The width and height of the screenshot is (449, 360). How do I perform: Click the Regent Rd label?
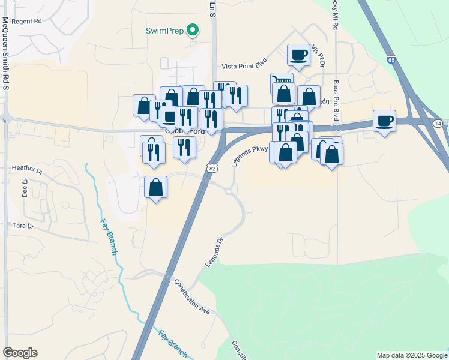coord(29,21)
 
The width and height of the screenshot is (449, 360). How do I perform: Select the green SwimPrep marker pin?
coord(193,29)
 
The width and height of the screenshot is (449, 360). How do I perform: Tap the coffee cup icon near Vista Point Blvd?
coord(298,55)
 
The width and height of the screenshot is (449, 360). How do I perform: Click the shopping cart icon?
coord(282,81)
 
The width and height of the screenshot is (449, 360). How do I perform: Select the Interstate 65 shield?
coord(391,60)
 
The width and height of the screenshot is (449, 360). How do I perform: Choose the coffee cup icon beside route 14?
coord(384,121)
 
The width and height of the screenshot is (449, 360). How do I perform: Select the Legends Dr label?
coord(214,251)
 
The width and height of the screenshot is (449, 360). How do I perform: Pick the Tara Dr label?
coord(23,226)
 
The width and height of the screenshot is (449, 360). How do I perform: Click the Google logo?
coord(20,353)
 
